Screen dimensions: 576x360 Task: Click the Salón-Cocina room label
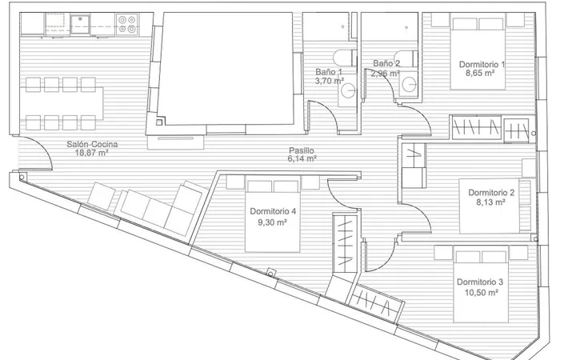92,144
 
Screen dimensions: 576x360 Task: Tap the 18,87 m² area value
91,153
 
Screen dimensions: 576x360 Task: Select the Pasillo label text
302,150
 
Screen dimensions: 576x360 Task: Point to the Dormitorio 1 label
482,64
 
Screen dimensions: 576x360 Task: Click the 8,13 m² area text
490,202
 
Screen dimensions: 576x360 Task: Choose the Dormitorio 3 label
480,282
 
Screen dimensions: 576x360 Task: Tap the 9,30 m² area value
272,222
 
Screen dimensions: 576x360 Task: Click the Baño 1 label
329,72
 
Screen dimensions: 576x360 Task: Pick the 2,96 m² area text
385,73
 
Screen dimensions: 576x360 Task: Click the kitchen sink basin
80,24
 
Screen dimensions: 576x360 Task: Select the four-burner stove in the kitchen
127,25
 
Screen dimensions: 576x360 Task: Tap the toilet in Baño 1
345,58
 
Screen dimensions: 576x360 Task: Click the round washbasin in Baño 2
409,85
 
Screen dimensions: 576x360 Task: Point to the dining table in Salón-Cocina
62,103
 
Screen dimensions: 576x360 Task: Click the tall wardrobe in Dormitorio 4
345,243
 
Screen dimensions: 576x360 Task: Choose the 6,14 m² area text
302,158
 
